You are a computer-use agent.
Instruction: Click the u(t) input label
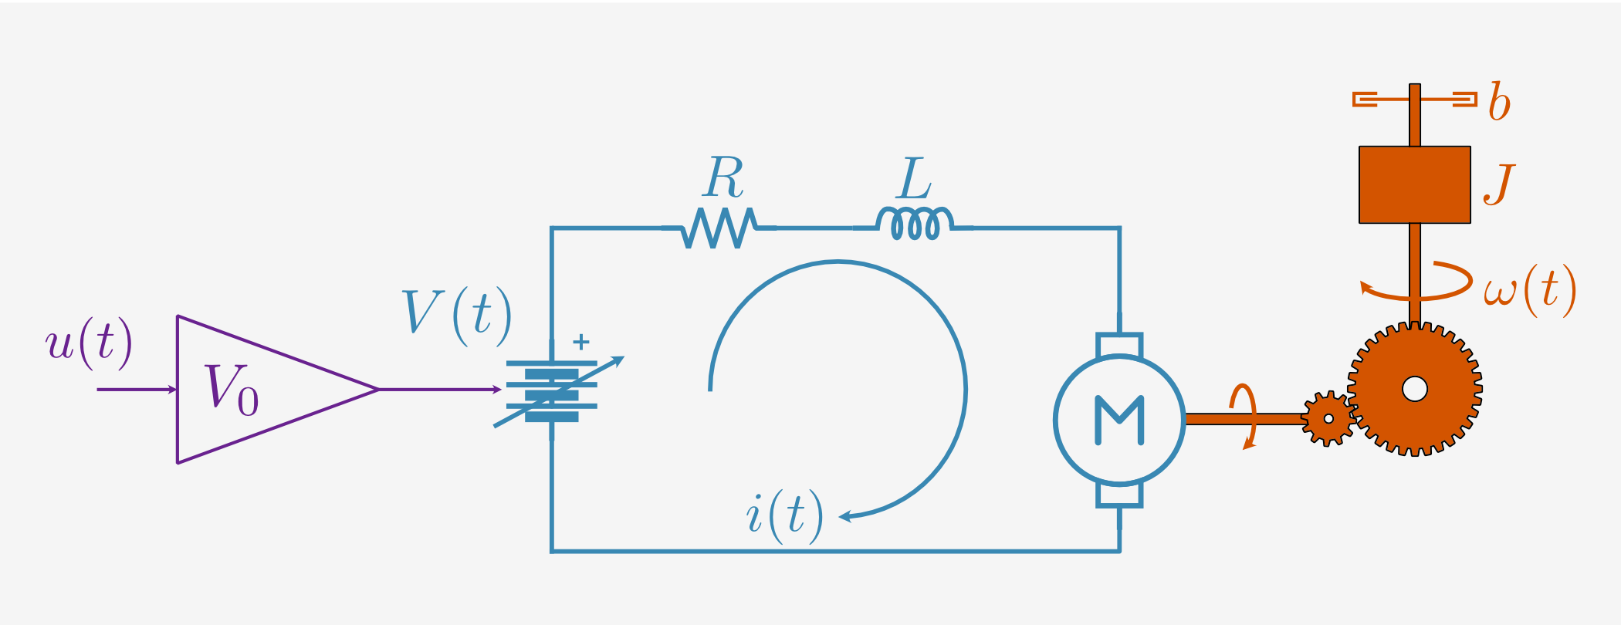click(89, 342)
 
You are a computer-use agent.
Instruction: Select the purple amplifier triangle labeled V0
click(255, 390)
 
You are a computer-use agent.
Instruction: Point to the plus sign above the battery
click(581, 341)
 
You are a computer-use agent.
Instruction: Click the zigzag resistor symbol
click(719, 228)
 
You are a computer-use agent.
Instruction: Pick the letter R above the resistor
click(723, 177)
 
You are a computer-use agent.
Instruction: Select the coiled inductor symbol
click(915, 224)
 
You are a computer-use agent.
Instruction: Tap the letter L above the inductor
click(915, 179)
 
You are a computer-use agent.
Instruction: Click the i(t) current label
click(784, 515)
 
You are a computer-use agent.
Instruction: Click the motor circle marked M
click(1119, 420)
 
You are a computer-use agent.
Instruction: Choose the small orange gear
click(1328, 419)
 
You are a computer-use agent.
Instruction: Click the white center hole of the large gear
click(1415, 389)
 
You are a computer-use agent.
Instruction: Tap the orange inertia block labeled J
click(1414, 184)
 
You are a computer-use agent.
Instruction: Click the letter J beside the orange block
click(1499, 185)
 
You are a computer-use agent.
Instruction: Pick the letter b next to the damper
click(1499, 102)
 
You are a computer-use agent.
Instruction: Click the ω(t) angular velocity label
click(1528, 290)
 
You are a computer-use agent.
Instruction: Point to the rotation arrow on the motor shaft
click(1244, 417)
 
